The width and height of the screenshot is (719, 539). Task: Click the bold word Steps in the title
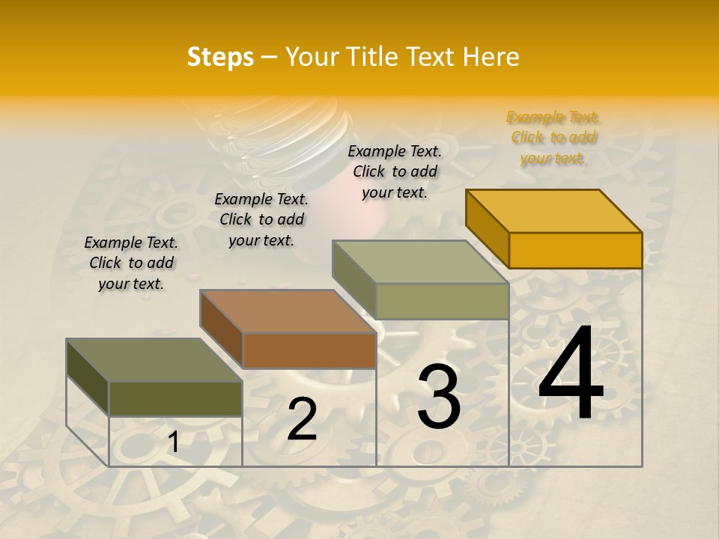point(220,57)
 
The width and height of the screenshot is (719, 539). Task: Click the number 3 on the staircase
point(439,397)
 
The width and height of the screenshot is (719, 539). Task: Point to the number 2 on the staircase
point(303,419)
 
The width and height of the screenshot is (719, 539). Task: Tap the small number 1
point(173,443)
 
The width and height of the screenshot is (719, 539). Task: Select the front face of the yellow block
point(575,250)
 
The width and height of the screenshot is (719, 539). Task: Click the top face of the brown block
point(288,311)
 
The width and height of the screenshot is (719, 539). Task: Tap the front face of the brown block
point(309,350)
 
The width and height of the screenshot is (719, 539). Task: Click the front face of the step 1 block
point(176,398)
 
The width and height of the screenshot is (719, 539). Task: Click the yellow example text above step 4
point(553,138)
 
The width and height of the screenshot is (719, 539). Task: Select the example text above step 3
point(395,171)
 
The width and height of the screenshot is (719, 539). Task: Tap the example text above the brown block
point(261,219)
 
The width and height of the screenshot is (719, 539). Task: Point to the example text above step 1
point(131,263)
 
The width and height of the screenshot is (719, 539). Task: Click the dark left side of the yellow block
point(487,228)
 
